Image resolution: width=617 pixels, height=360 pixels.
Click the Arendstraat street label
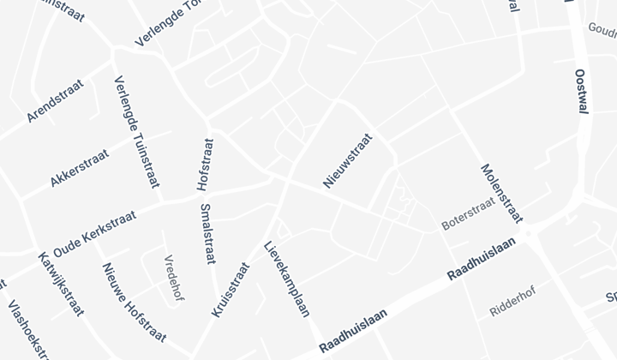click(x=55, y=100)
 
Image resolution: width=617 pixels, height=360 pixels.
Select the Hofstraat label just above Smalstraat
click(x=205, y=165)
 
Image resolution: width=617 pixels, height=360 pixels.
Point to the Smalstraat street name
click(x=207, y=233)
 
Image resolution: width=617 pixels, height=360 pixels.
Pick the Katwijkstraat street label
click(x=62, y=283)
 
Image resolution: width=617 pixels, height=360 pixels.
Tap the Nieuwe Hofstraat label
click(x=134, y=302)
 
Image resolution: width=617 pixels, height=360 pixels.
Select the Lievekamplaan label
click(x=286, y=279)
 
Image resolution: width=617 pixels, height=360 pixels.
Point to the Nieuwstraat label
click(x=348, y=159)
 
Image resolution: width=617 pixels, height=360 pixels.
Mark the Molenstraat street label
click(x=501, y=194)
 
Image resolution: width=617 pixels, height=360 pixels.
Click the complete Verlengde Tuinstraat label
click(x=136, y=132)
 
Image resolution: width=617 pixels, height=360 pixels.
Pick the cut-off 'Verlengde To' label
click(x=172, y=24)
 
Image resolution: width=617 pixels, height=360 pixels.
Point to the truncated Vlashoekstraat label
click(x=27, y=329)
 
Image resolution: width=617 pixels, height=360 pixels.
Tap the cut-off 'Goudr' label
click(x=602, y=31)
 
